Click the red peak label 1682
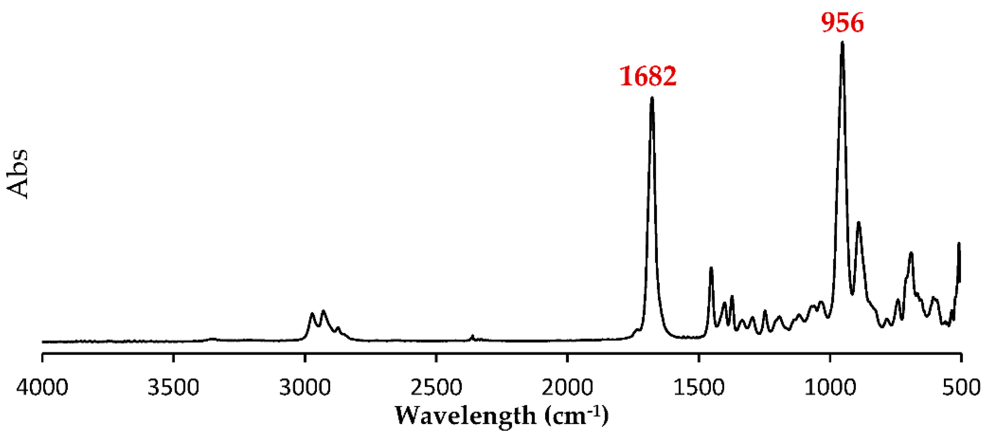648,76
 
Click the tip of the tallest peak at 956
842,43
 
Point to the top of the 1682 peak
652,99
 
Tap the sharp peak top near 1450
711,268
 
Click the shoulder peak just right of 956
859,223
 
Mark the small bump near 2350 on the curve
472,336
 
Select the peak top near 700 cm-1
911,253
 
